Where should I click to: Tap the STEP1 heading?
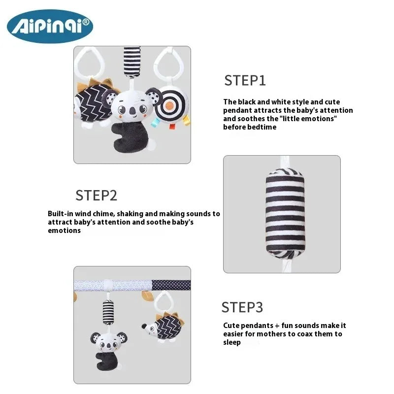[x=245, y=80]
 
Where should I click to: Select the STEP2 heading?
[x=96, y=196]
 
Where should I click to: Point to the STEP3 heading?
[x=242, y=307]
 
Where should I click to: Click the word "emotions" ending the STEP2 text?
[x=64, y=230]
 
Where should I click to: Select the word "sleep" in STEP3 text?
[x=232, y=342]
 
